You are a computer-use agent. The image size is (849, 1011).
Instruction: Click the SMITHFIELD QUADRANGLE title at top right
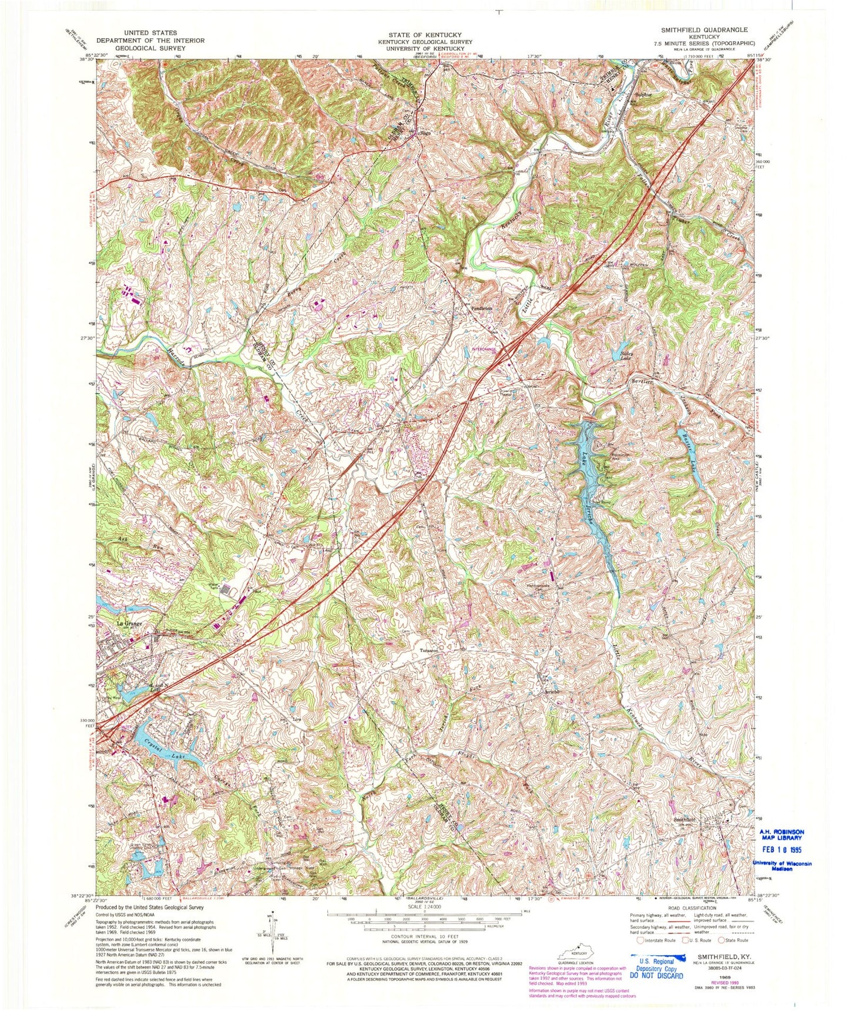[x=704, y=29]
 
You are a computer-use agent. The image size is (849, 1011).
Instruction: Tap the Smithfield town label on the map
[x=684, y=819]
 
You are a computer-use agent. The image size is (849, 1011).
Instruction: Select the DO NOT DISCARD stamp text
[x=656, y=976]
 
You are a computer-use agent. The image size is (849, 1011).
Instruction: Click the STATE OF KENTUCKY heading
[x=420, y=35]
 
